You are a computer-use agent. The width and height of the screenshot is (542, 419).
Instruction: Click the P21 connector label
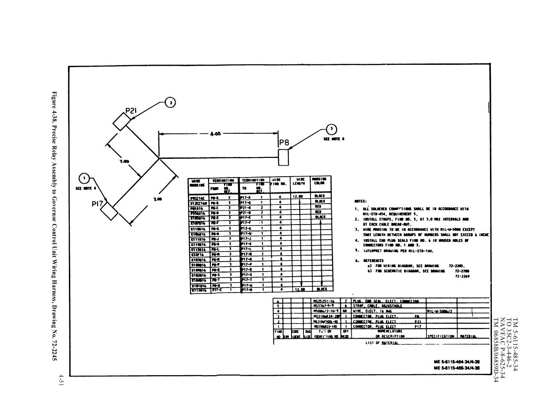131,110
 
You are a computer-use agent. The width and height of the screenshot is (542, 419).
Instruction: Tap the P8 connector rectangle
283,157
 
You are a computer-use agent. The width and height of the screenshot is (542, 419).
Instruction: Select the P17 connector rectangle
109,211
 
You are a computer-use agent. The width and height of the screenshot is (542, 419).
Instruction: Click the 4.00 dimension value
215,134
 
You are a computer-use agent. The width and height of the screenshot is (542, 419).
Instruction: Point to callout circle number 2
170,103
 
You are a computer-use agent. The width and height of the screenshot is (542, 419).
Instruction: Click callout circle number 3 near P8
332,130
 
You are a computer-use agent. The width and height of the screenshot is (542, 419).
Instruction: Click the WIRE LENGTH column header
300,182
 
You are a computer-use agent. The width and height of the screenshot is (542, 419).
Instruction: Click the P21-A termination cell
246,207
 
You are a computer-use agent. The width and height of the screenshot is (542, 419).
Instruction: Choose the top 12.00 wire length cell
298,196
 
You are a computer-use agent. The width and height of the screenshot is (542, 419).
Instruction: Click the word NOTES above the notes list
360,201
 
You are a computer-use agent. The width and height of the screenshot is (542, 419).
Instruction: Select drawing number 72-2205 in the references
457,265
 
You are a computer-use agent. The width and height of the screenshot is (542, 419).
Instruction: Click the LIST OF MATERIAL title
382,342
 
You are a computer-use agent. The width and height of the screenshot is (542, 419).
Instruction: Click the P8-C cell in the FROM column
215,207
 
